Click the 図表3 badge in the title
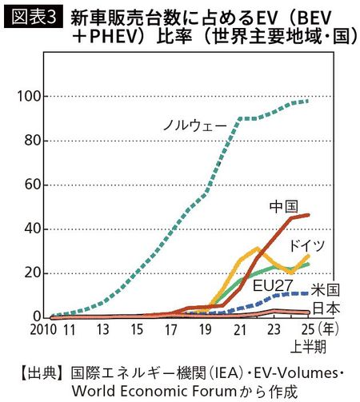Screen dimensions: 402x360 coord(33,17)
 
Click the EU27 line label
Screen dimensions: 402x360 coord(272,284)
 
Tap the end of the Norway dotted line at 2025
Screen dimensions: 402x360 coord(308,101)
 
